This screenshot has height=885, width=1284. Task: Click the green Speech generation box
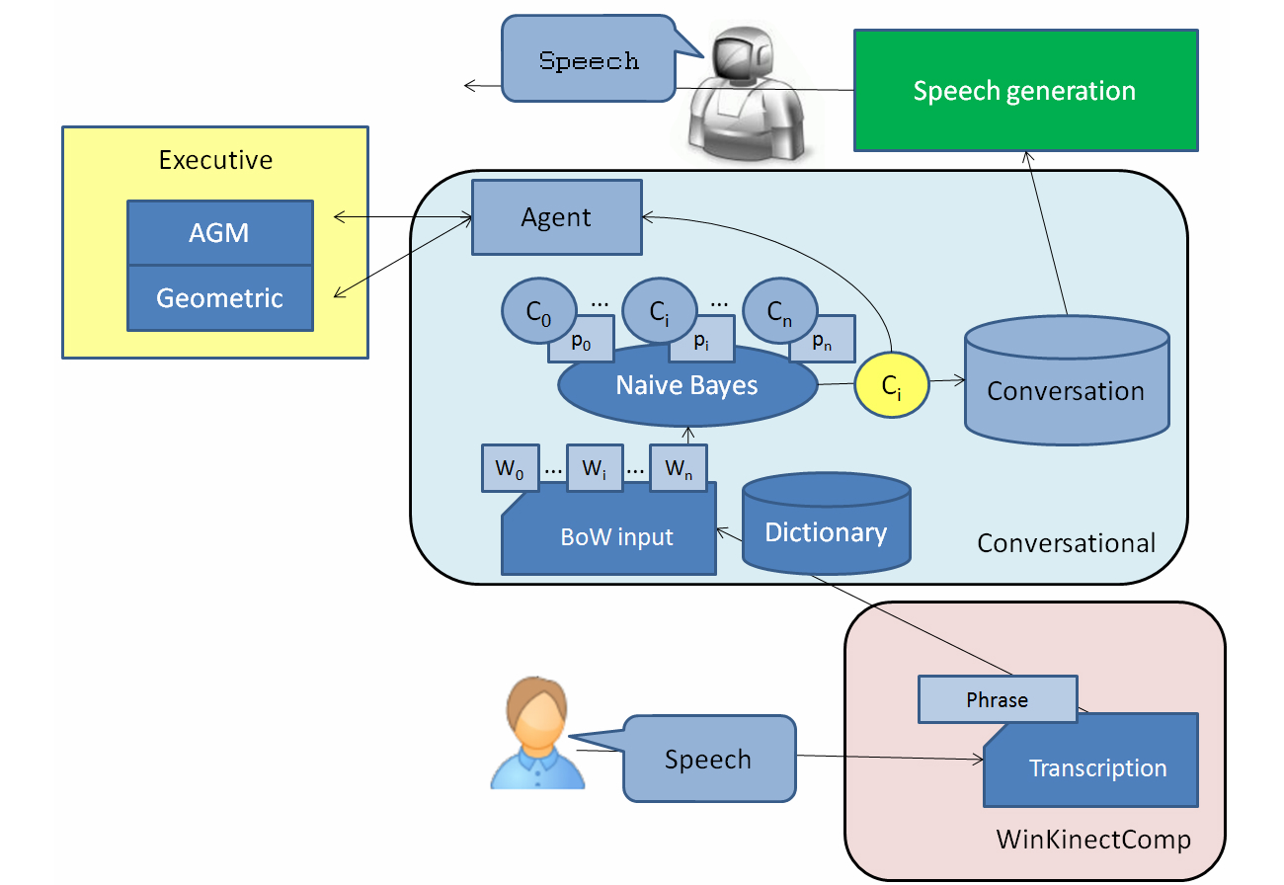[1025, 90]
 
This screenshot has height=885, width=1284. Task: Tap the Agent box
[557, 216]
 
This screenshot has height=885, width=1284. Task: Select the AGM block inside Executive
[219, 233]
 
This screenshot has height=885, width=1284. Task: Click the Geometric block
[219, 297]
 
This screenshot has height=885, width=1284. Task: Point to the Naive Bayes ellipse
[687, 386]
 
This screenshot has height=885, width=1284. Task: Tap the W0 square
[510, 468]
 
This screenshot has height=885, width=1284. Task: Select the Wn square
[679, 468]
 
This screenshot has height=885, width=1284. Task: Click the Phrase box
[997, 699]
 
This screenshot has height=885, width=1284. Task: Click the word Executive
[215, 159]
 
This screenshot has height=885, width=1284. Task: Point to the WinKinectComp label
[1093, 840]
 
